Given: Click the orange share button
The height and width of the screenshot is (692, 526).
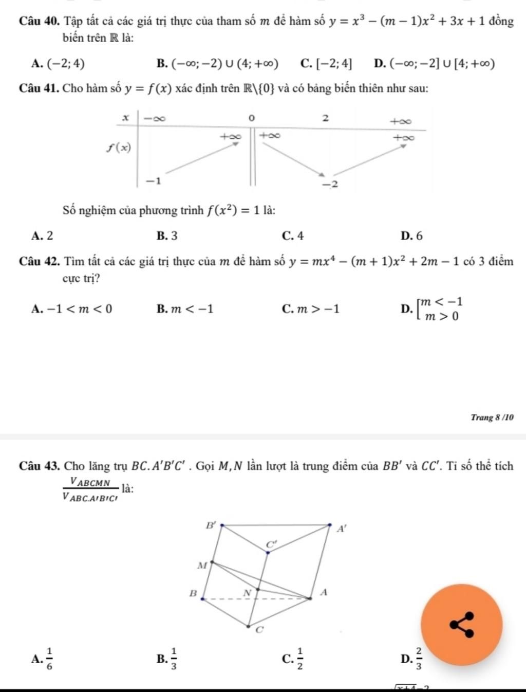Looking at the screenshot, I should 461,624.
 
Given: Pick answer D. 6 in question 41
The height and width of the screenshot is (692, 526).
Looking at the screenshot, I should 412,236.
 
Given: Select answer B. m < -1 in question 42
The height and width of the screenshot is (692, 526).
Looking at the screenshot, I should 185,309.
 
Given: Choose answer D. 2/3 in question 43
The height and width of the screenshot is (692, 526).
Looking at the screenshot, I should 412,659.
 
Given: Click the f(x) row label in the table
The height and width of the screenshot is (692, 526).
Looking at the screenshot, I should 119,148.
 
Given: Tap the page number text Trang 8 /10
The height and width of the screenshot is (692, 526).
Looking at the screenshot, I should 492,417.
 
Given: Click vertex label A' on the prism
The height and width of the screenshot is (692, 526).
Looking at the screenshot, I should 342,528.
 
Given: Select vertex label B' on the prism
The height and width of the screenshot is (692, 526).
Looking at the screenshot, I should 211,525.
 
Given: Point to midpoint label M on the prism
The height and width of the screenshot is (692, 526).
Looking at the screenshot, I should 201,566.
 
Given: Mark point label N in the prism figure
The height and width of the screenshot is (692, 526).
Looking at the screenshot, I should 247,593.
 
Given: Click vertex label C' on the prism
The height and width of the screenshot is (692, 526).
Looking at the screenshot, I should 271,544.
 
